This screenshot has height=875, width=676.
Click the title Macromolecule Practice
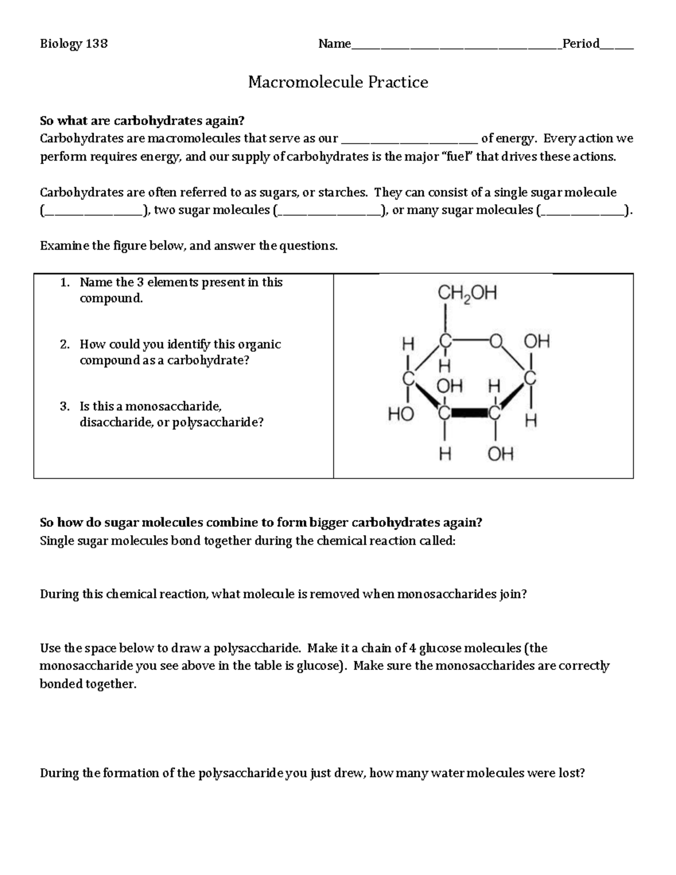click(x=338, y=83)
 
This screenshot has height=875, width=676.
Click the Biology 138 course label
click(x=74, y=44)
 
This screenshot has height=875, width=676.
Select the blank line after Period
click(x=616, y=47)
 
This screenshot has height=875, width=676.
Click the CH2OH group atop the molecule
click(x=467, y=294)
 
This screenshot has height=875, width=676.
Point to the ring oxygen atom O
click(x=496, y=341)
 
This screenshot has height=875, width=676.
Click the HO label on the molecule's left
click(x=401, y=415)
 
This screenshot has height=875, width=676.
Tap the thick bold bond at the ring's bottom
click(x=470, y=414)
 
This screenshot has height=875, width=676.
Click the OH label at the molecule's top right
click(x=536, y=341)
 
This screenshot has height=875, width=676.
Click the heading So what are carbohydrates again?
click(x=143, y=121)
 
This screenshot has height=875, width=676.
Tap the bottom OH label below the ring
click(x=500, y=454)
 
